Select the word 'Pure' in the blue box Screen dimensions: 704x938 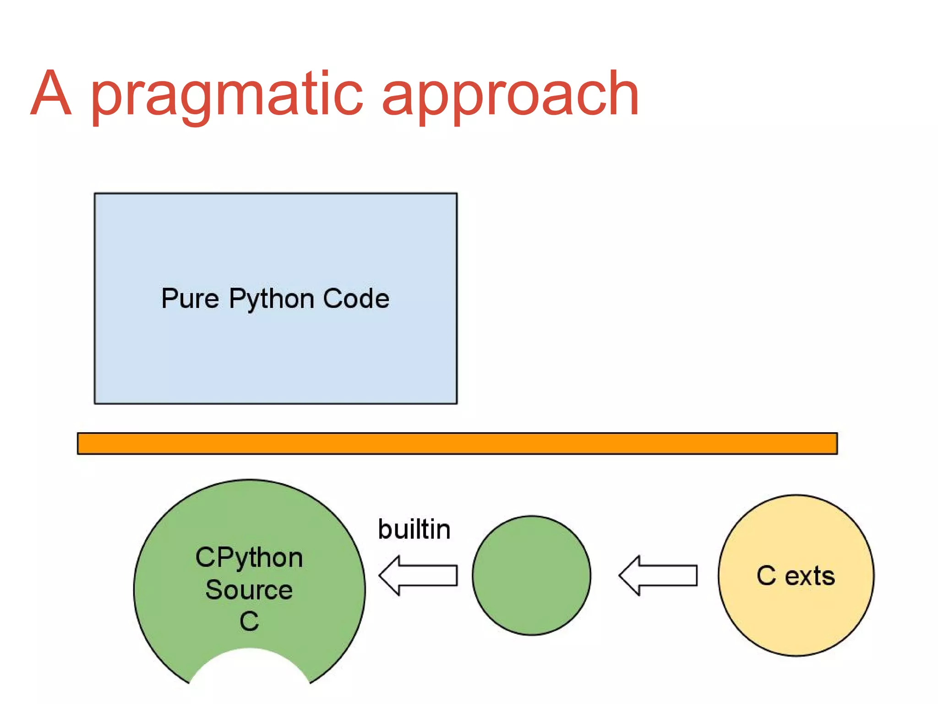[190, 299]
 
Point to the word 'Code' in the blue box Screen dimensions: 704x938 [356, 298]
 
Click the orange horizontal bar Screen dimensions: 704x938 [457, 443]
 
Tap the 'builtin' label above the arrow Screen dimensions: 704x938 [414, 529]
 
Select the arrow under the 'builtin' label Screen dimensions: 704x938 [418, 575]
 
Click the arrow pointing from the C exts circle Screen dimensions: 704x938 [658, 575]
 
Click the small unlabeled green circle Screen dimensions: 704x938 [531, 575]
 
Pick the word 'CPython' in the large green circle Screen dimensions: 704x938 [249, 558]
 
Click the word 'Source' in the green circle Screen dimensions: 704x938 [249, 589]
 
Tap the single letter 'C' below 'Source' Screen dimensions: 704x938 [249, 621]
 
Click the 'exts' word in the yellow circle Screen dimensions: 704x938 [810, 576]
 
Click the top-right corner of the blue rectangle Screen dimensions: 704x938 [457, 194]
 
